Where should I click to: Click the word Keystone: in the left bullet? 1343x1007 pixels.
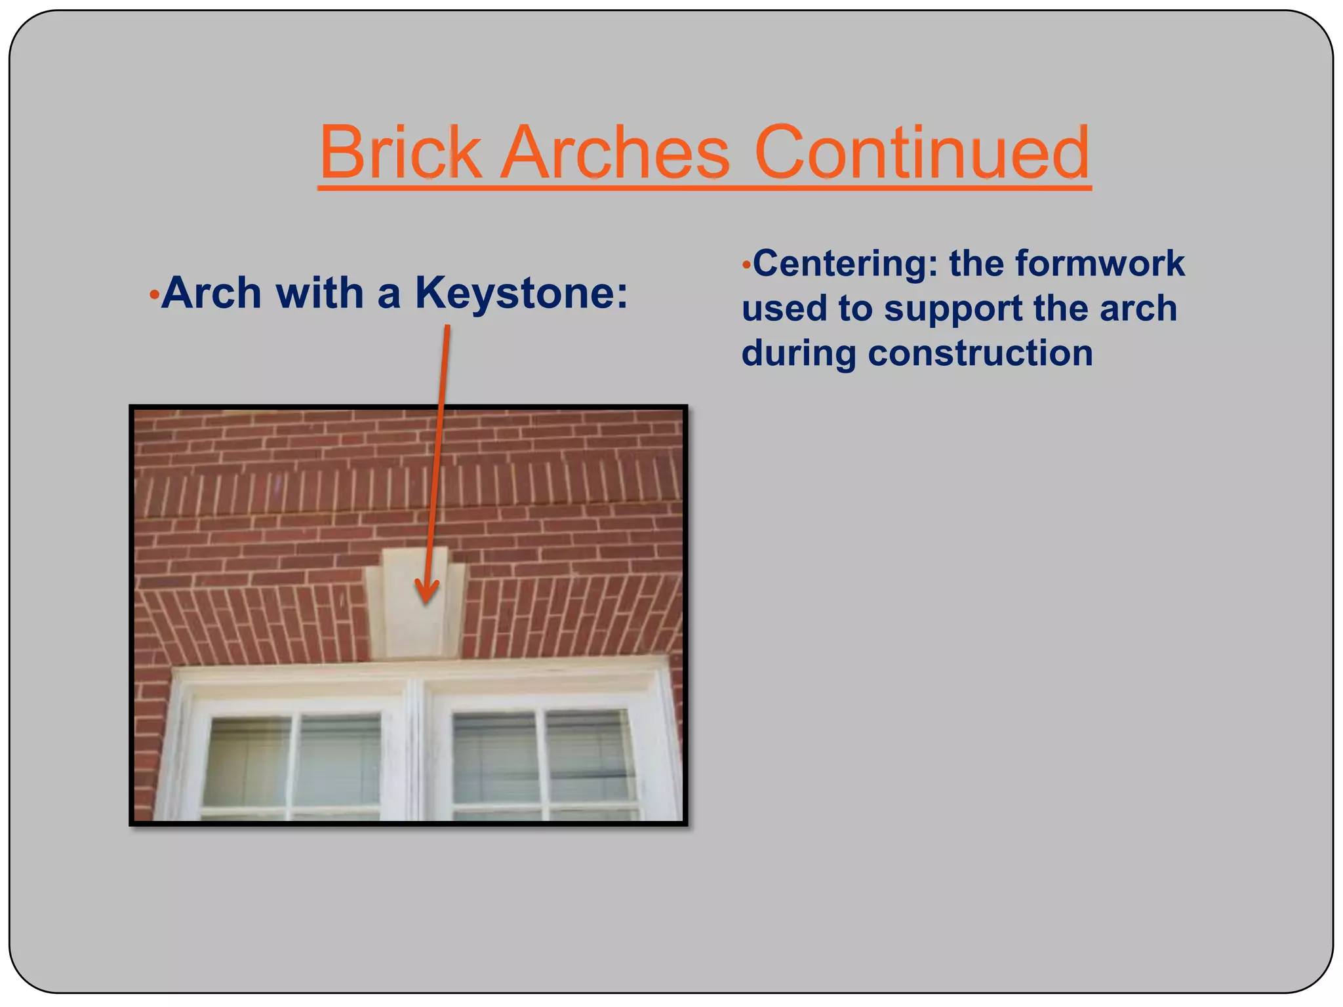(x=521, y=292)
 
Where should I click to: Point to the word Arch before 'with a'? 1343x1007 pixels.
(x=211, y=292)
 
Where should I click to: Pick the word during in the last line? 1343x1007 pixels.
(x=799, y=353)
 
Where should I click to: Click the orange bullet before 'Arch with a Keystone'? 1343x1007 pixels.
(x=153, y=296)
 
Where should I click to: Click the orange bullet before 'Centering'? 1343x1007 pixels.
(x=746, y=266)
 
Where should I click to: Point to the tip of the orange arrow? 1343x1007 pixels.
(x=426, y=601)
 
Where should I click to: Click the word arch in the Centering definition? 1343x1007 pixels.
(x=1138, y=308)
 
